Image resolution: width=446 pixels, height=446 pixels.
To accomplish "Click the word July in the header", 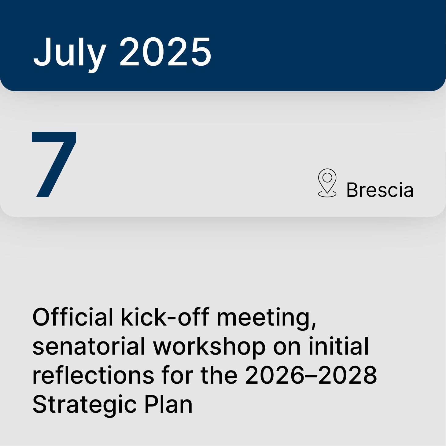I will pos(70,52).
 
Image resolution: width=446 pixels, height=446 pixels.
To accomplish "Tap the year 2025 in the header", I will pos(165,52).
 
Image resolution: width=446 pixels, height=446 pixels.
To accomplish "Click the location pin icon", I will pos(327,183).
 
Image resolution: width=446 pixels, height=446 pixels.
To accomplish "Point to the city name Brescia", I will pos(380,190).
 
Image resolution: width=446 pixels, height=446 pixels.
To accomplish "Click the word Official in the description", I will pos(73,317).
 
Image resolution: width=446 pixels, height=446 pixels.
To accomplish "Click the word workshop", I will pos(209,346).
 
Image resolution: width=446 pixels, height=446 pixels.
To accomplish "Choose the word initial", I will pos(339,346).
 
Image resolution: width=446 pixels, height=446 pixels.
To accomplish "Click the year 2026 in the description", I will pos(275,375).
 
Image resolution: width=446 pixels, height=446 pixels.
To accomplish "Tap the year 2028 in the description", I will pos(348,375).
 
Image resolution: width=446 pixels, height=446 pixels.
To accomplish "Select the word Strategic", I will pos(84,404).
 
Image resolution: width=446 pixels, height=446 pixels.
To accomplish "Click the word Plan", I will pos(168,404).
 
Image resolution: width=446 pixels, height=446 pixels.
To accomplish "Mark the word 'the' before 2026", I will pos(219,375).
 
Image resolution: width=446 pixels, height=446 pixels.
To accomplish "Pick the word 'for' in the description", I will pos(178,375).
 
